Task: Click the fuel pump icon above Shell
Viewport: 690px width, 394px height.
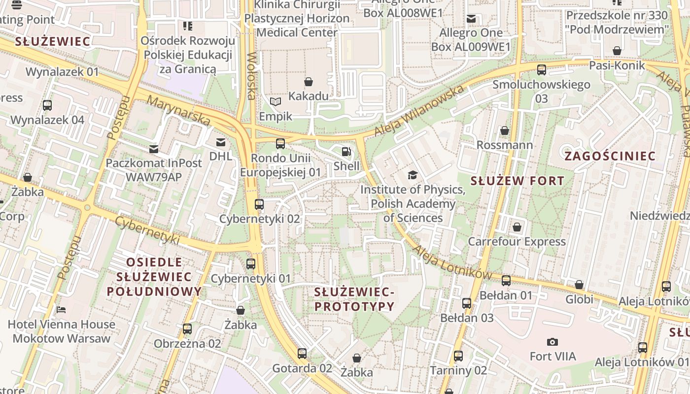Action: coord(346,152)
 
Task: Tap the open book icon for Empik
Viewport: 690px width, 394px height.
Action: coord(276,102)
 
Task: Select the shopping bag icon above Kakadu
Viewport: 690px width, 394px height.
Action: coord(309,81)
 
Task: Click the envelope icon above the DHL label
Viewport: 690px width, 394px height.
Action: coord(220,142)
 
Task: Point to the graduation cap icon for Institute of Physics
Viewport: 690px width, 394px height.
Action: coord(413,175)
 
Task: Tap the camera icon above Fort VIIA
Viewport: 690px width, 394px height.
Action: coord(552,342)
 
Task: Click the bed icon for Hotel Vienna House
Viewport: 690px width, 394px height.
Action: coord(61,310)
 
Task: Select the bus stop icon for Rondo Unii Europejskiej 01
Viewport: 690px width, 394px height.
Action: coord(280,144)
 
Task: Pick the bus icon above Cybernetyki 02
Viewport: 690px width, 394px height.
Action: coord(259,204)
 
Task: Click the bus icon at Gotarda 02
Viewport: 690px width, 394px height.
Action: coord(302,354)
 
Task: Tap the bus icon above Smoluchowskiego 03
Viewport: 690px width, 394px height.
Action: coord(542,70)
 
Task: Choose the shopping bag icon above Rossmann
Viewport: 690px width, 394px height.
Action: coord(505,131)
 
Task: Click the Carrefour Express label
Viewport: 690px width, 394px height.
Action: coord(517,241)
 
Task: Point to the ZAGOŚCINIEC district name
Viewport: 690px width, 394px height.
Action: coord(610,157)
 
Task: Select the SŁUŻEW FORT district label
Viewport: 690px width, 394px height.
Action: coord(517,181)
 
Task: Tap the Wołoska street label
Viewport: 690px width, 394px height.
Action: coord(251,76)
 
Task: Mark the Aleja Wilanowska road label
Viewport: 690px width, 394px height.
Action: coord(419,111)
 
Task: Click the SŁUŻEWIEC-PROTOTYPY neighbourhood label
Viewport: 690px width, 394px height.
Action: coord(354,299)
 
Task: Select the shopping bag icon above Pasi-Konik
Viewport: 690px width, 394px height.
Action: coord(617,51)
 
